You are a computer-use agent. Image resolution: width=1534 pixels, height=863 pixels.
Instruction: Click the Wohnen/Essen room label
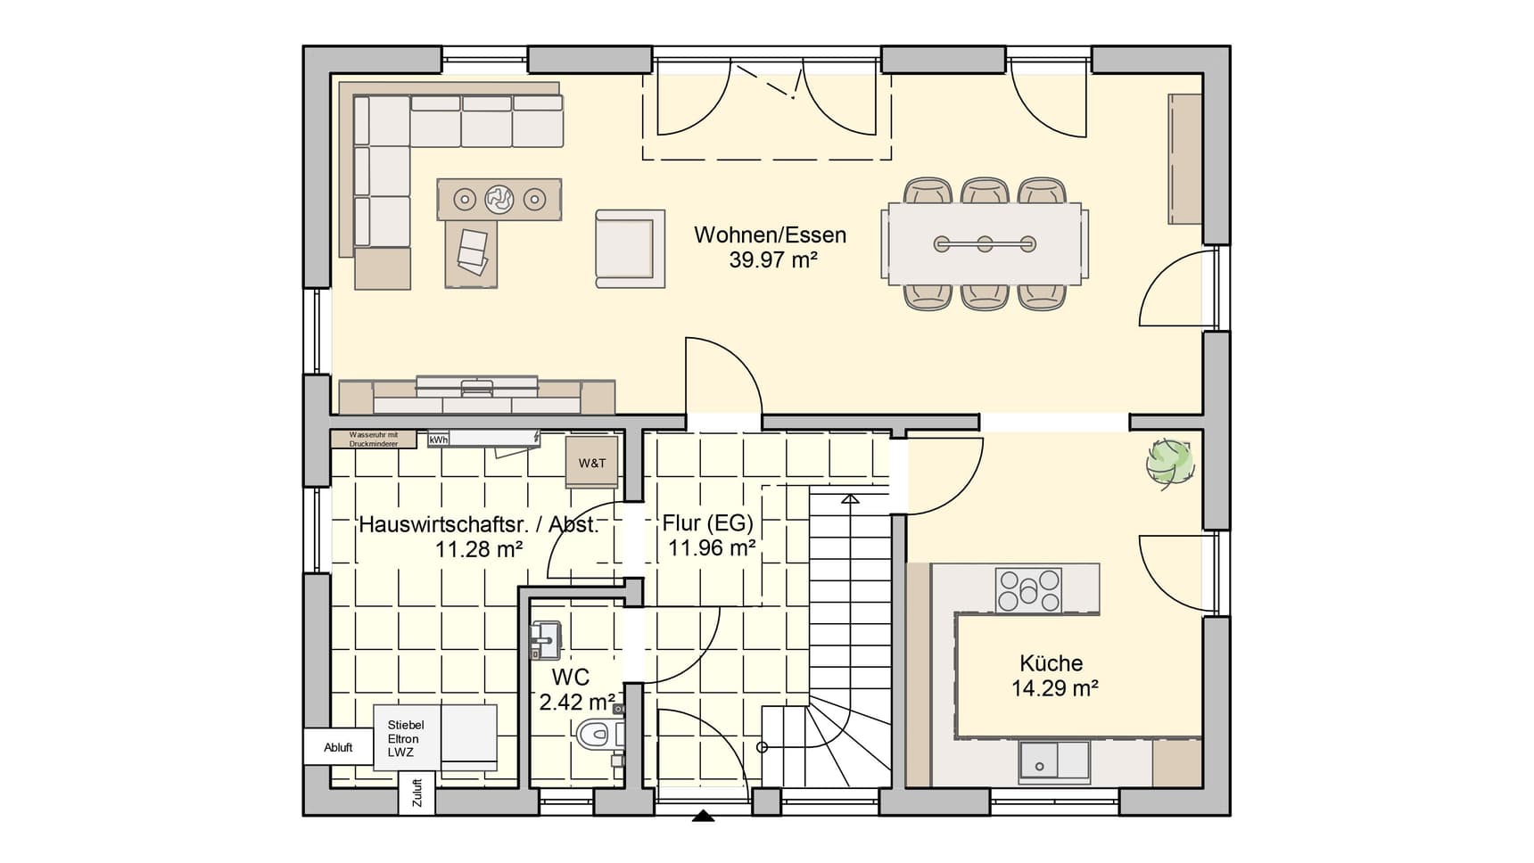(x=770, y=235)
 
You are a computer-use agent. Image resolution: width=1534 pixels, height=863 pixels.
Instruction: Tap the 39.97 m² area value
(x=773, y=260)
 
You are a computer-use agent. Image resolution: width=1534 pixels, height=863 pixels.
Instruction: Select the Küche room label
(x=1051, y=663)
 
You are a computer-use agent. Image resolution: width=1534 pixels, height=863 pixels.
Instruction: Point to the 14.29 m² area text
(x=1054, y=688)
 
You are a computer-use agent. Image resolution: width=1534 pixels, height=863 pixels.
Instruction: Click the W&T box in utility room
(x=592, y=463)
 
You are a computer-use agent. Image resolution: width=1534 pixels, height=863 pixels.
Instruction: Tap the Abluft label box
(x=338, y=747)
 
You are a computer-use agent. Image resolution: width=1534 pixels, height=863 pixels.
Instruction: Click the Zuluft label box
(x=416, y=793)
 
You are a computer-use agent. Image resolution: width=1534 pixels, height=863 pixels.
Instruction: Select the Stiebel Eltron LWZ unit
(x=407, y=738)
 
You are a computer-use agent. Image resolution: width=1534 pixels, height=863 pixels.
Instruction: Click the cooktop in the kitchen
(x=1028, y=590)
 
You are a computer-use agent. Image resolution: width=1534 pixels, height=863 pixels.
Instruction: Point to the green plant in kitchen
(x=1169, y=462)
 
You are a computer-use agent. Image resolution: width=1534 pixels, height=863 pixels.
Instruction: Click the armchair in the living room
(x=630, y=249)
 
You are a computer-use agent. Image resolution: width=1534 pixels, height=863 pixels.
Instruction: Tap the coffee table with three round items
(x=499, y=199)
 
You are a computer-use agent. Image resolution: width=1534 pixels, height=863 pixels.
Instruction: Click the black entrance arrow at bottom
(x=704, y=815)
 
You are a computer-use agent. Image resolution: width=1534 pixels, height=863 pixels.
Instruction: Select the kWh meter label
(x=438, y=440)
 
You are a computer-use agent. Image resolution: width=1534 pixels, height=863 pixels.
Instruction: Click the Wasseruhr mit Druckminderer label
(x=373, y=439)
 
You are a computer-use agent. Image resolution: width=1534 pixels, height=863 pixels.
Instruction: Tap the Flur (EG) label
(x=707, y=523)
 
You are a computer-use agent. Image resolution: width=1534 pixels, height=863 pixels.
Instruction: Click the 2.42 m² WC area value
(x=577, y=703)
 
